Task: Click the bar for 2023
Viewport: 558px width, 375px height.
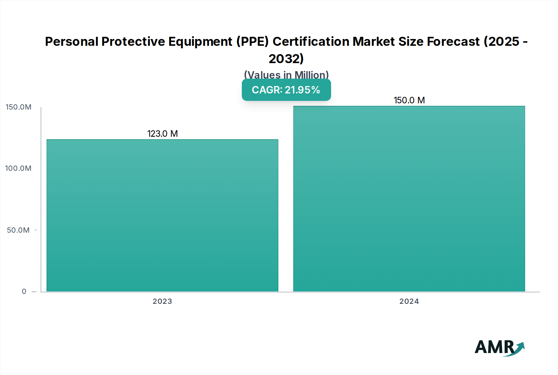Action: point(162,215)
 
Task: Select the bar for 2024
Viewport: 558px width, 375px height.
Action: point(409,199)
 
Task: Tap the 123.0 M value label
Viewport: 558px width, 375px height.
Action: point(162,134)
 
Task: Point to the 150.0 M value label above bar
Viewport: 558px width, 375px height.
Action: point(409,100)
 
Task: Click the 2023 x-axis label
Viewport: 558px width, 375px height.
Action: point(162,301)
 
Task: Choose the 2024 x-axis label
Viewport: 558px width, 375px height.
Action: point(409,301)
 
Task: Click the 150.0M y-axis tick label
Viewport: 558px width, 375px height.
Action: point(19,107)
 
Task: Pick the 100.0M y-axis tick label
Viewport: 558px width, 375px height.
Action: point(18,168)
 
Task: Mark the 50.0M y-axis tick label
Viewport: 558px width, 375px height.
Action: point(18,230)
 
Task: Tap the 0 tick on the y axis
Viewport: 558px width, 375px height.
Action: point(24,291)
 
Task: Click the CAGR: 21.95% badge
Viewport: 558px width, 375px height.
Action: point(286,90)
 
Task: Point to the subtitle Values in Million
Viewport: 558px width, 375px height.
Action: point(286,75)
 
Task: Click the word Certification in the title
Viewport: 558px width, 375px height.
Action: point(311,41)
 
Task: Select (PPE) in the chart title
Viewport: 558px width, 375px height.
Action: point(252,41)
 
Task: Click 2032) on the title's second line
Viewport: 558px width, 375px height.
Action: point(286,58)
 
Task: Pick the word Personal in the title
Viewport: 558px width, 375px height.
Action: point(72,41)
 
